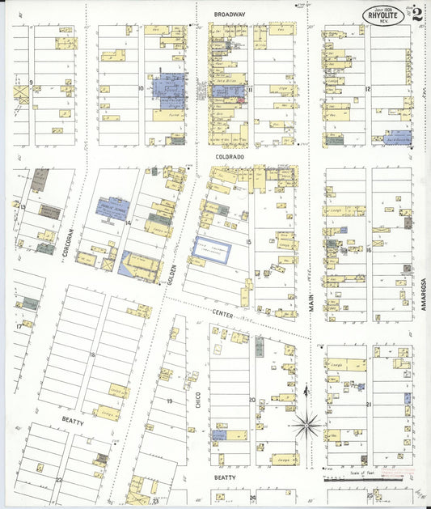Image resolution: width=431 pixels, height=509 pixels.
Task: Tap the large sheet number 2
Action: (x=416, y=13)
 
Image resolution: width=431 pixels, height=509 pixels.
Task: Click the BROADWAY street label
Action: (x=230, y=15)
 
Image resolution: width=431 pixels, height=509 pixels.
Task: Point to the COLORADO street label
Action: (x=230, y=158)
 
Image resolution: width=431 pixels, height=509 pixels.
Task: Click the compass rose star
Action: (x=306, y=422)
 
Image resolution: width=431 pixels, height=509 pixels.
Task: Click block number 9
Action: (x=31, y=83)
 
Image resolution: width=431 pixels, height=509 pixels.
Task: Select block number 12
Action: (x=368, y=88)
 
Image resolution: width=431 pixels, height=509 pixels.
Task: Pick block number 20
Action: (x=251, y=400)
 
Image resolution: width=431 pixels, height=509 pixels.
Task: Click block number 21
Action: (x=369, y=404)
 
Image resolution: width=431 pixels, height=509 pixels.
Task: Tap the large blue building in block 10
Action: (x=171, y=90)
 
